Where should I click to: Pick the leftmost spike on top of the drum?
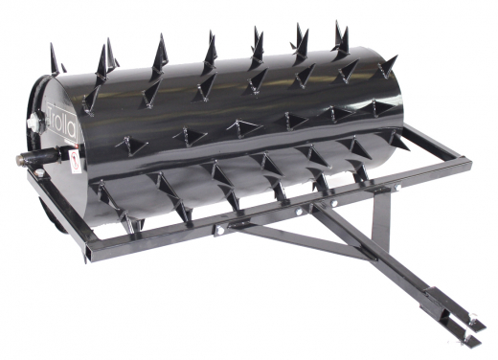[x=57, y=60]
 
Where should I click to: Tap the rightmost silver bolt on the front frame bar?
[x=385, y=190]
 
